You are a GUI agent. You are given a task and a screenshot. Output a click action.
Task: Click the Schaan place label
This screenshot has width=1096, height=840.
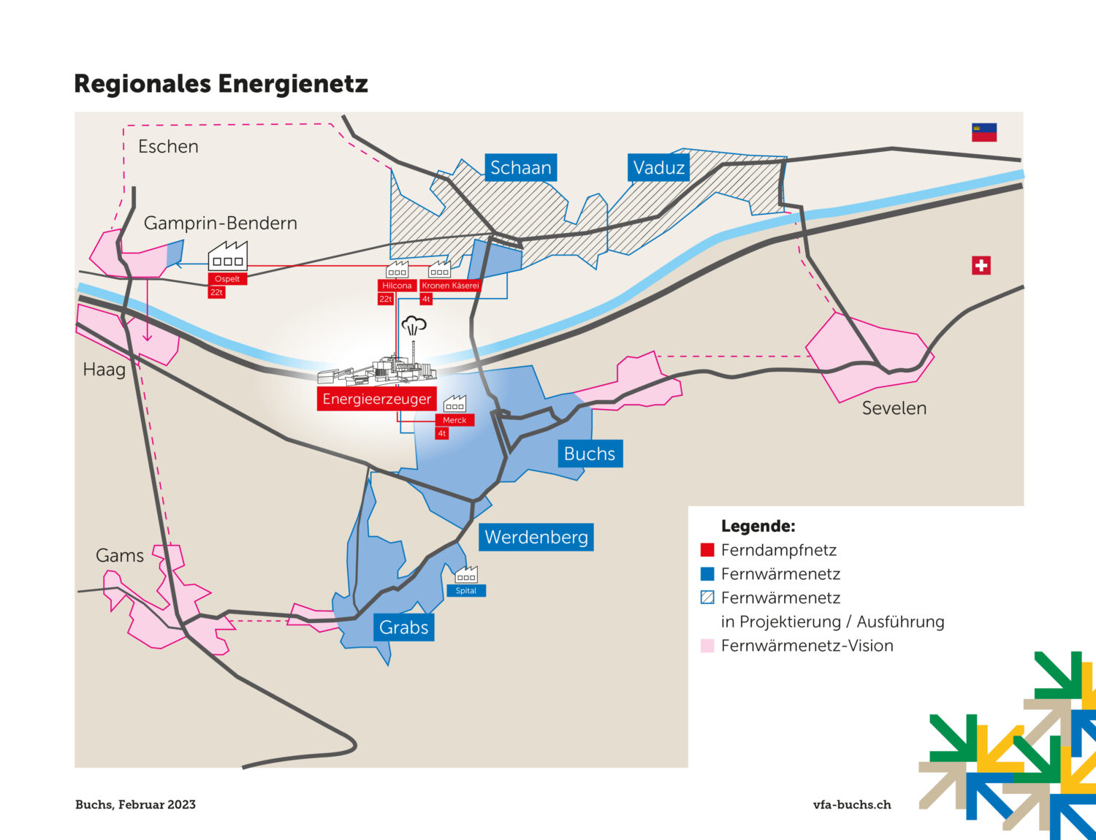tap(520, 167)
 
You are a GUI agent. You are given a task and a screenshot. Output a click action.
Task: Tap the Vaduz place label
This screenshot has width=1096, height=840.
tap(658, 167)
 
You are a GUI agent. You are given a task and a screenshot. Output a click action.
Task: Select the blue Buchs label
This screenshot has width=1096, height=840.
tap(590, 454)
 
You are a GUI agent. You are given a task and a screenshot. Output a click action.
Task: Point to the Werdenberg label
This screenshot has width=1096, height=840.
tap(536, 537)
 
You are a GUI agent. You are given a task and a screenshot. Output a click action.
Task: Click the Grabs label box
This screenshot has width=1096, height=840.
tap(403, 627)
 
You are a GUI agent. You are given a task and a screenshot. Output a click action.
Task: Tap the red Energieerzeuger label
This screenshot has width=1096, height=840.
tap(377, 399)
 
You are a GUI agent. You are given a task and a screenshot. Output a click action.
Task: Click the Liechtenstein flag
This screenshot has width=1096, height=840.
tap(984, 133)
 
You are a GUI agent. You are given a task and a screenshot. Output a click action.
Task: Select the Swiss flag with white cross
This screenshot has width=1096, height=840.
tap(981, 266)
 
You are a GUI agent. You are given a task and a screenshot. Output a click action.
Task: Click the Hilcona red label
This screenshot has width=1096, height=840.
tap(397, 286)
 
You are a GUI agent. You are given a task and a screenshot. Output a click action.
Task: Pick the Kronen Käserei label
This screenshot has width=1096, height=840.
tap(450, 286)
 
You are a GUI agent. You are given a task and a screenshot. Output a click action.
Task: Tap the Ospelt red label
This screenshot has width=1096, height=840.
tap(227, 279)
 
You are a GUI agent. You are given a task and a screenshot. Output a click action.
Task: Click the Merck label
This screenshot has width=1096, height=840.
tap(454, 420)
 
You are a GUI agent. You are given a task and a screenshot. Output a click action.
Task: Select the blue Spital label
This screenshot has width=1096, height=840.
tap(466, 590)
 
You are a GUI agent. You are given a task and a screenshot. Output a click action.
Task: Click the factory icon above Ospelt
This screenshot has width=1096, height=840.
tap(228, 256)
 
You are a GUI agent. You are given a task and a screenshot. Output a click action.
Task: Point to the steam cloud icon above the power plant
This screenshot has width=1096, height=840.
tap(414, 326)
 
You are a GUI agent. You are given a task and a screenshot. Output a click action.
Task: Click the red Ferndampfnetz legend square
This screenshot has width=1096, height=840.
tap(707, 550)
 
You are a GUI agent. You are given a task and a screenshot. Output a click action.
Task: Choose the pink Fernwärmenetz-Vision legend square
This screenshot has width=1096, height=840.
tap(707, 646)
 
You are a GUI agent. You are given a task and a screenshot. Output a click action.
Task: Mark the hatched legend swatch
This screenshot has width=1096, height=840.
tap(707, 597)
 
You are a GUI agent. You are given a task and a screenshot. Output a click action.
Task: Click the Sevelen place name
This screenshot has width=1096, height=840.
tap(894, 408)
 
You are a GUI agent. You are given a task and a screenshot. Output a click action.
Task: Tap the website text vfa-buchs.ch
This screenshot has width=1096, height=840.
tap(852, 805)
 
